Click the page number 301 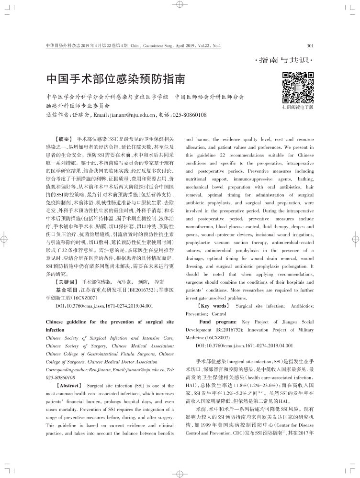[x=309, y=46]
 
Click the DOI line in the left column [x=104, y=305]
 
